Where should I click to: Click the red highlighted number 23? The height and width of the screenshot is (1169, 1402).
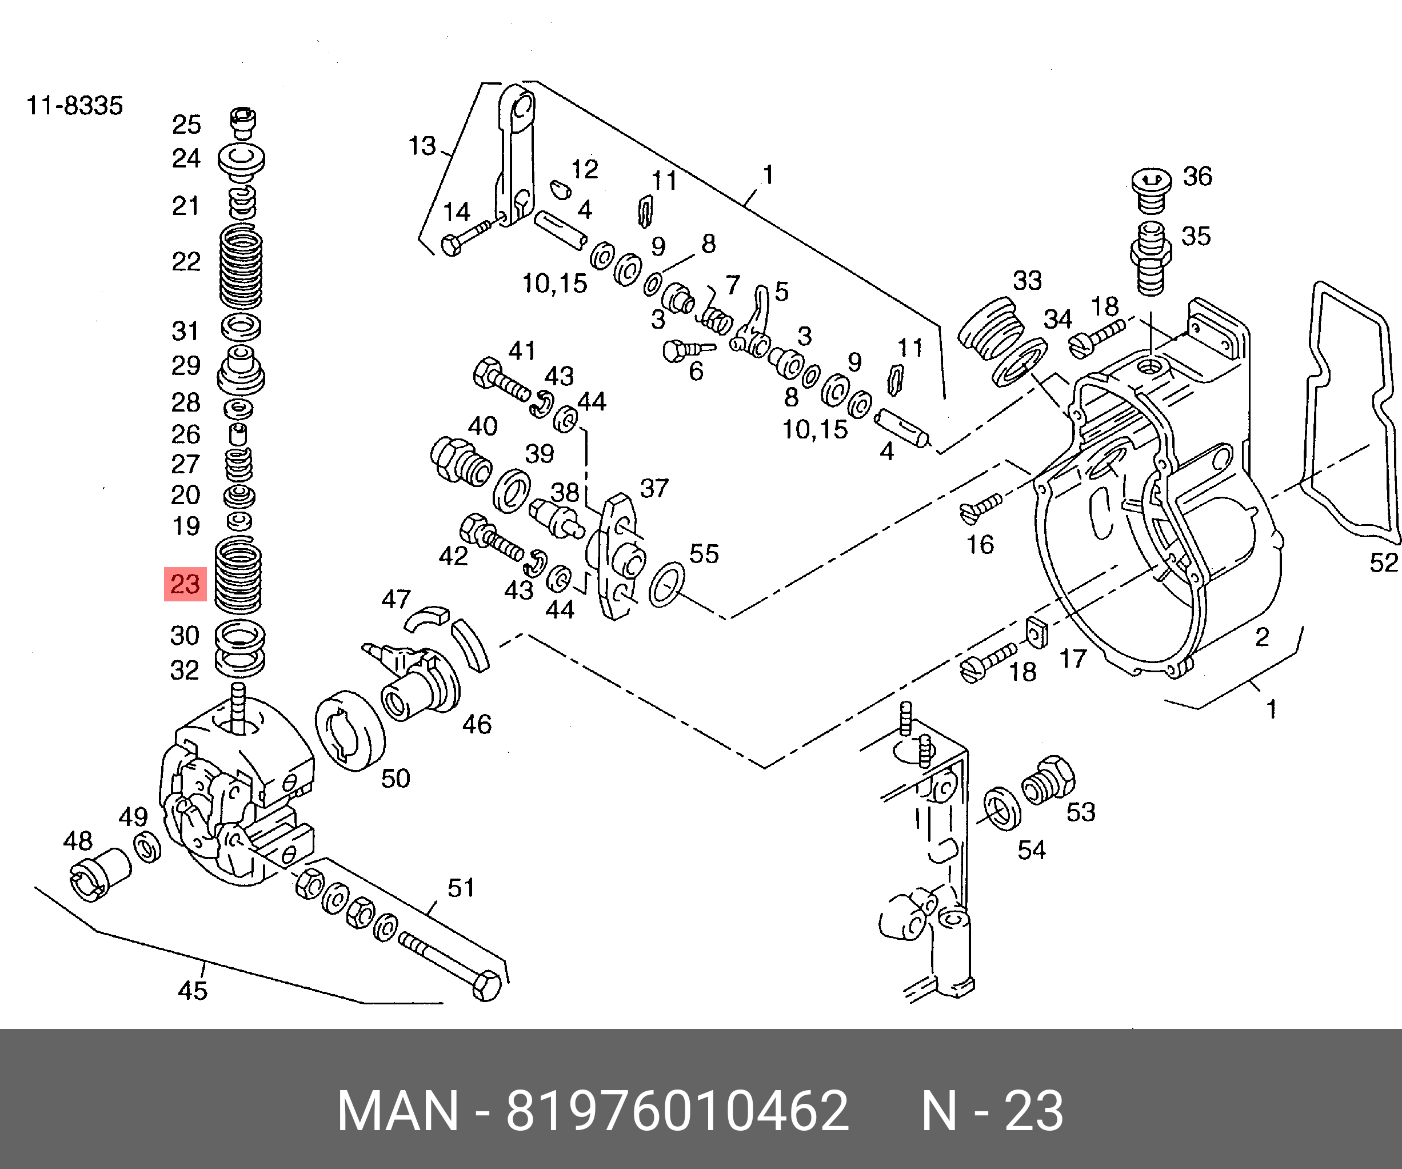point(186,584)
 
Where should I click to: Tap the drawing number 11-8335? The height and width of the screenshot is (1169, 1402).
point(75,106)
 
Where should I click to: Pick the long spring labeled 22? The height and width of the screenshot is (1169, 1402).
point(241,266)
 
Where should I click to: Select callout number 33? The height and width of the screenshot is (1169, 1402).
point(1027,281)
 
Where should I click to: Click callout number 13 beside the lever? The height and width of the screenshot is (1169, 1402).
point(422,146)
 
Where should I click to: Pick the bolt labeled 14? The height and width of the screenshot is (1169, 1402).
point(470,238)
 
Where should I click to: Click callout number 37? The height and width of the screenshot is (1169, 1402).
point(654,489)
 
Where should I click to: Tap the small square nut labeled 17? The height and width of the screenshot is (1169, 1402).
point(1035,633)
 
